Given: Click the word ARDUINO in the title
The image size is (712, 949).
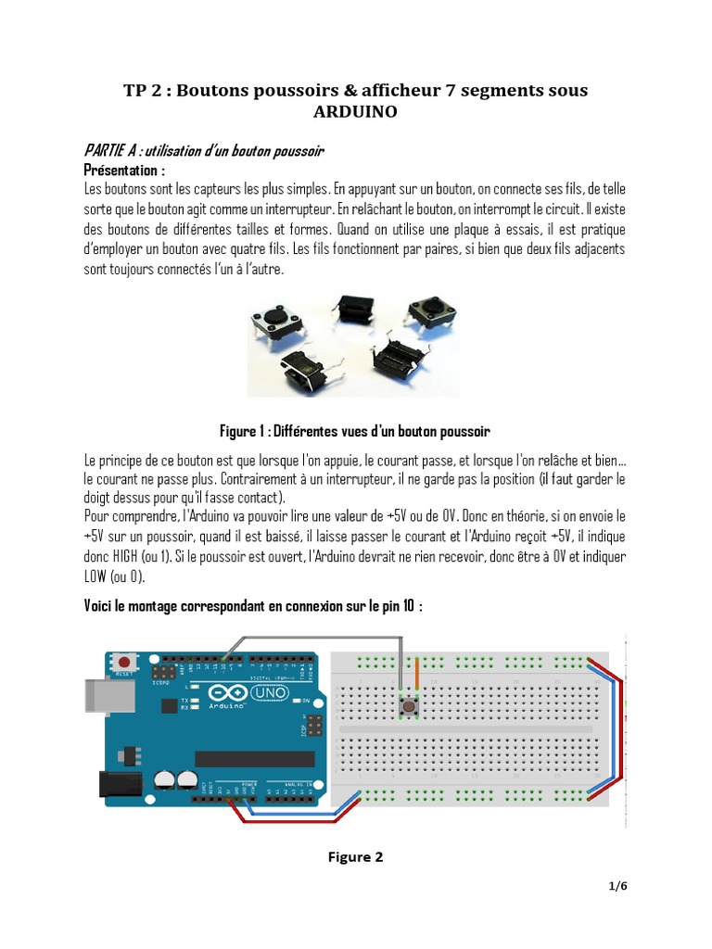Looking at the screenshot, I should pyautogui.click(x=356, y=112).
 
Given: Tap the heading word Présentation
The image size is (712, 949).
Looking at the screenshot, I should pyautogui.click(x=124, y=171).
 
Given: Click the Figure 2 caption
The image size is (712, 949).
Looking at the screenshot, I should pyautogui.click(x=355, y=857).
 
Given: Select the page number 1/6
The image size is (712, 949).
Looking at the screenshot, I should pyautogui.click(x=618, y=886).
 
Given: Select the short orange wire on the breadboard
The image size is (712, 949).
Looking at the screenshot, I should pyautogui.click(x=417, y=675).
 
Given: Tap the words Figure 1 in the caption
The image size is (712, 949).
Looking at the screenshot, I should pyautogui.click(x=242, y=432).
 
